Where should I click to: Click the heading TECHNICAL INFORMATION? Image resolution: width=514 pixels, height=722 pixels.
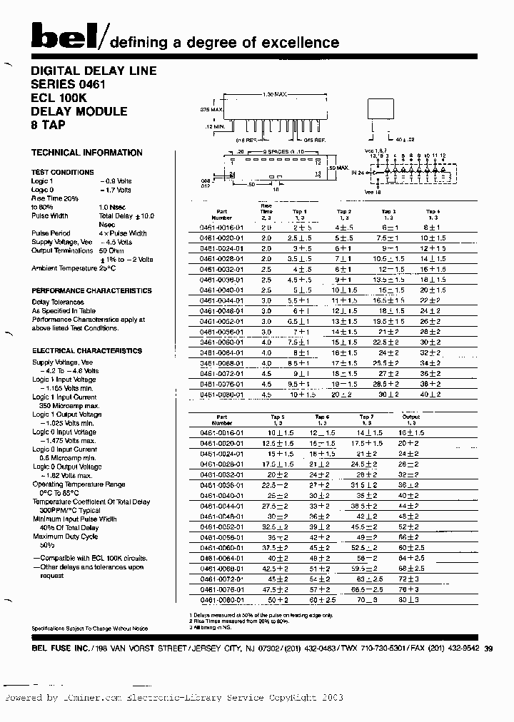86,153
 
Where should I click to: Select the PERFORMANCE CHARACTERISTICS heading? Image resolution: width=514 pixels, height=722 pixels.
91,291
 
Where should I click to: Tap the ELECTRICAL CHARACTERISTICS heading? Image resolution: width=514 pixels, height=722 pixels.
86,351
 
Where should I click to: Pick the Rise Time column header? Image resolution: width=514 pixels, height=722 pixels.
266,212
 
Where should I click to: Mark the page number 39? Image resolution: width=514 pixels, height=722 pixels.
488,649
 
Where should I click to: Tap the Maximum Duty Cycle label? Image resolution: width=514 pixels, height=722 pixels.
65,537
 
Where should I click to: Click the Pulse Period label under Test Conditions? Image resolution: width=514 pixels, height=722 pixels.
51,233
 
